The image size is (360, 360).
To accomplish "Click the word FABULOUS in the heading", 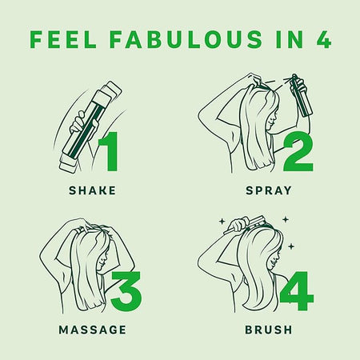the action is pyautogui.click(x=186, y=39).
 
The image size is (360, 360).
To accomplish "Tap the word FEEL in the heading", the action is pyautogui.click(x=63, y=39).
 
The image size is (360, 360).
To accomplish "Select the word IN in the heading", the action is pyautogui.click(x=290, y=39).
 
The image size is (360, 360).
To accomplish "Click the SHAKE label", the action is pyautogui.click(x=92, y=190).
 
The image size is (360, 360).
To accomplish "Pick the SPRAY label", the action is pyautogui.click(x=269, y=190).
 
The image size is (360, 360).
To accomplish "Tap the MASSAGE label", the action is pyautogui.click(x=92, y=330).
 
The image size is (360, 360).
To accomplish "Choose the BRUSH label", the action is pyautogui.click(x=269, y=330).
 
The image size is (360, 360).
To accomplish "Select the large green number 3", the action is pyautogui.click(x=126, y=291).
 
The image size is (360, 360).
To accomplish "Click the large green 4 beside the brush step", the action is pyautogui.click(x=297, y=291).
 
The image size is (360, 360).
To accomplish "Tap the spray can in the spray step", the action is pyautogui.click(x=302, y=95).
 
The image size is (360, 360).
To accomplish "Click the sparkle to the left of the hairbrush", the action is pyautogui.click(x=222, y=221).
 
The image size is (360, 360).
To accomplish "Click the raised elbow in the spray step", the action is pyautogui.click(x=202, y=116).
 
